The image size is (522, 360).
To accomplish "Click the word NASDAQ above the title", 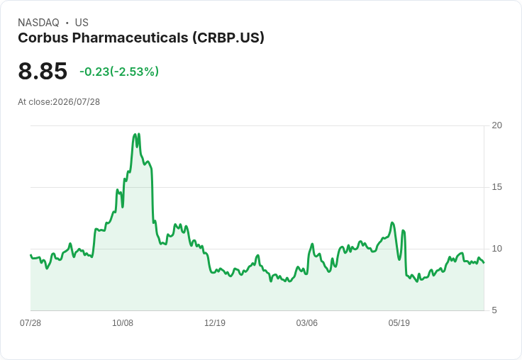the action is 38,23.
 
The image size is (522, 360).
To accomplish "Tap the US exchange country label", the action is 82,23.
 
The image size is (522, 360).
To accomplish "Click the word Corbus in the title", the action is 43,38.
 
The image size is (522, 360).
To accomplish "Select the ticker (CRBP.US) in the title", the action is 228,38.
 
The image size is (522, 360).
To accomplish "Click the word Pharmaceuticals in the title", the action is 130,38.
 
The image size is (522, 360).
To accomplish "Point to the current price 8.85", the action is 43,71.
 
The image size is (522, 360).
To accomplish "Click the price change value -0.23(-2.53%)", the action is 119,72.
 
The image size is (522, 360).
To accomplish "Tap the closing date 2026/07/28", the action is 76,102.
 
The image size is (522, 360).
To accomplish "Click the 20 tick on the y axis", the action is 497,125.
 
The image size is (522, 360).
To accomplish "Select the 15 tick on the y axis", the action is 497,187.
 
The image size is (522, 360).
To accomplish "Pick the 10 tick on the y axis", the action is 497,249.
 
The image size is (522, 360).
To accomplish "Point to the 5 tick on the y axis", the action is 494,310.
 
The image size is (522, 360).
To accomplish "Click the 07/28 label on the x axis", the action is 30,322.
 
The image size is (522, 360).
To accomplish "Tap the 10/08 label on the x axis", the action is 123,322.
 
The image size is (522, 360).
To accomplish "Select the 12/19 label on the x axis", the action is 215,322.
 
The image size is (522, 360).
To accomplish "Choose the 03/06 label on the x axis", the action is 307,322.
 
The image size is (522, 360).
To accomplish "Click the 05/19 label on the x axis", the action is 399,322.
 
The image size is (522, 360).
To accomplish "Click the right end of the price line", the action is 484,262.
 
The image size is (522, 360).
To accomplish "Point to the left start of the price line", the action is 30,255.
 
